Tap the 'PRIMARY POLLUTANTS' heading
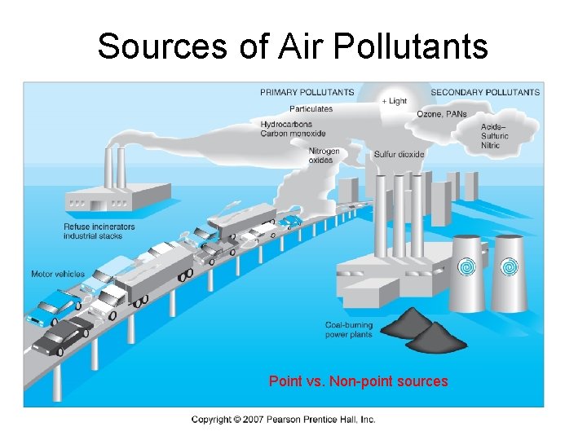[x=307, y=92]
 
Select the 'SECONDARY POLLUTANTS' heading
[x=485, y=92]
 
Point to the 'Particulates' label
[x=311, y=108]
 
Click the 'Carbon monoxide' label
[x=293, y=134]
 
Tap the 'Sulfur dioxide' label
[x=399, y=154]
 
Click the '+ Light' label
[x=395, y=101]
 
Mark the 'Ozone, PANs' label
[x=442, y=114]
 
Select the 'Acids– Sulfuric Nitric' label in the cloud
[x=496, y=136]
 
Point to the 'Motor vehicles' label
[x=58, y=274]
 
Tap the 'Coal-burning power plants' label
[x=349, y=330]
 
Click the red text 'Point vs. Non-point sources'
[x=359, y=381]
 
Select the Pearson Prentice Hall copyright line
[x=284, y=420]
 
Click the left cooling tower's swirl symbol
[x=468, y=266]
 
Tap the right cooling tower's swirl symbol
[x=509, y=266]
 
